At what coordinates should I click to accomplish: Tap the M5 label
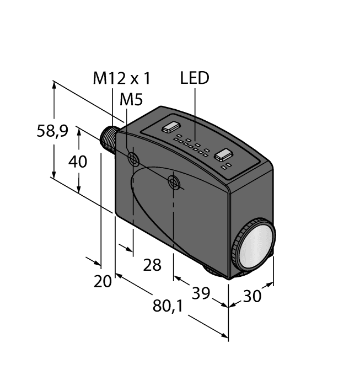(131, 100)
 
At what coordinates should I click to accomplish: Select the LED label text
(195, 78)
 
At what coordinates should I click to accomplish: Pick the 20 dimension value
(103, 281)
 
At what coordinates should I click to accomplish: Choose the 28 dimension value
(152, 265)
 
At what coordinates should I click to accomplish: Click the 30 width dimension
(252, 296)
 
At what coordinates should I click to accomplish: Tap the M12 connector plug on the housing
(109, 141)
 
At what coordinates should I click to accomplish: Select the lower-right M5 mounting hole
(175, 183)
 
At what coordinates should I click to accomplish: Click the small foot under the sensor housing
(216, 271)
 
